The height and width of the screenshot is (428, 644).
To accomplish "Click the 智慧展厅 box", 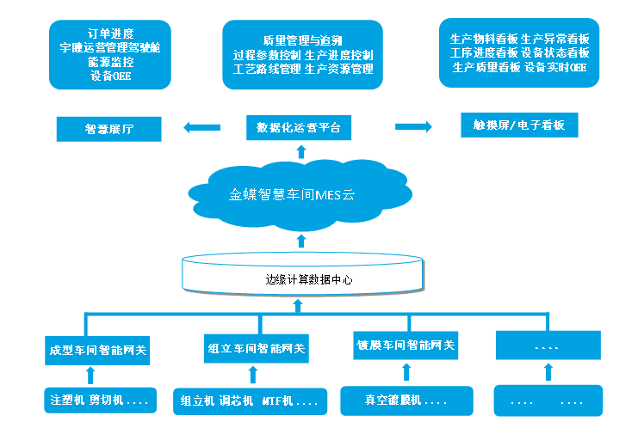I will click(109, 129).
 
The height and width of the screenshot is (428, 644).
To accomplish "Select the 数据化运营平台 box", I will click(299, 128).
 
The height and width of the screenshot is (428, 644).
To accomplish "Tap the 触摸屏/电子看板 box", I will click(519, 125).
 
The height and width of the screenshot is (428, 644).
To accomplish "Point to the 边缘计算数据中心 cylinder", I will click(302, 276).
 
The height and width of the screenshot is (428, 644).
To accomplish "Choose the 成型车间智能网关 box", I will click(97, 350).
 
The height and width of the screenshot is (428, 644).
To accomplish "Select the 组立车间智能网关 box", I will click(257, 349).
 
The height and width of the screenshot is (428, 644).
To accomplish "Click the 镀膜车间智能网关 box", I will click(406, 345).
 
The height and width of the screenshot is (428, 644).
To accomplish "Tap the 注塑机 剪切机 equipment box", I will click(98, 400).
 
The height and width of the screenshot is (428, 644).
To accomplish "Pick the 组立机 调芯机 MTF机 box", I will click(250, 400).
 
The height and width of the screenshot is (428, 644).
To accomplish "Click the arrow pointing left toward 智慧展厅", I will click(201, 128).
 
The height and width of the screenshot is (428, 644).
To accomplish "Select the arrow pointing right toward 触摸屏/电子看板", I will click(412, 126).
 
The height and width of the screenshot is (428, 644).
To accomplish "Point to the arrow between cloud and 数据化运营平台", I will click(300, 152).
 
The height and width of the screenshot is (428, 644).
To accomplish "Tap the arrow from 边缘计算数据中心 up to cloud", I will click(300, 240).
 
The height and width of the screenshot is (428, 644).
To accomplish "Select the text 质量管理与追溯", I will click(302, 40).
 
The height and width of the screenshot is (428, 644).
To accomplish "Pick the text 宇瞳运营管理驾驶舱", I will click(110, 48).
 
